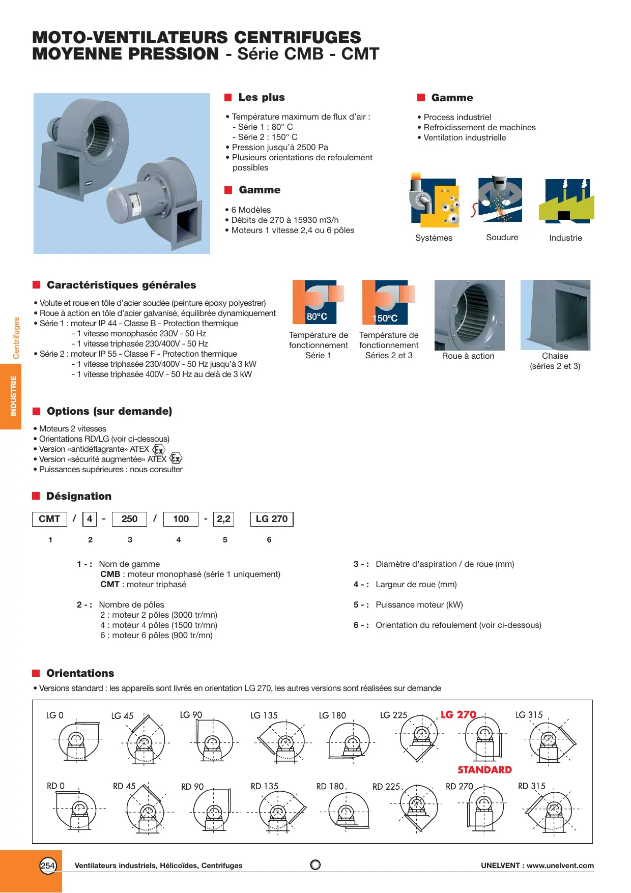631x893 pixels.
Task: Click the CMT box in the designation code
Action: click(49, 519)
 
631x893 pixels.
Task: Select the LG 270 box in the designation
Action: click(272, 519)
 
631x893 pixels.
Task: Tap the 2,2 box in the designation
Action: click(223, 519)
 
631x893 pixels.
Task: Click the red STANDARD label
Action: click(484, 770)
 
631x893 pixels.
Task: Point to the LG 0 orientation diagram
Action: click(76, 740)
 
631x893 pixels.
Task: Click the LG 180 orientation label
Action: click(332, 715)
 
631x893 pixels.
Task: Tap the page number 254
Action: click(48, 866)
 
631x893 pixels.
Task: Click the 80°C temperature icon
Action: click(318, 302)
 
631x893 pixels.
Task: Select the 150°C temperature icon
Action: click(388, 302)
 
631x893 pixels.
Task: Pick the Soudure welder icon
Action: click(500, 200)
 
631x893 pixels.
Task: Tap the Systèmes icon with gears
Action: click(434, 200)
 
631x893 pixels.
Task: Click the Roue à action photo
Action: click(469, 315)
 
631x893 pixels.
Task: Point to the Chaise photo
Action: click(555, 315)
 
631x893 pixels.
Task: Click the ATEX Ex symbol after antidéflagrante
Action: click(159, 449)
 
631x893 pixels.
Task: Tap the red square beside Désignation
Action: click(36, 496)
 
